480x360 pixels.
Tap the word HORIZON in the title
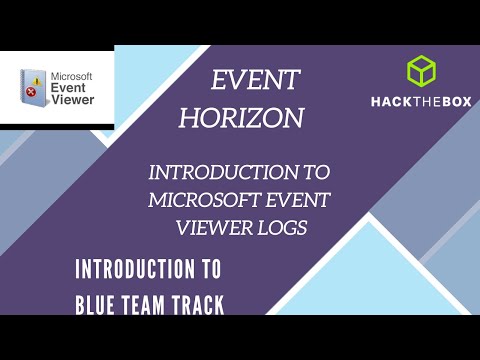point(241,118)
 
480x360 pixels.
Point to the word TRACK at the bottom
point(194,302)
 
